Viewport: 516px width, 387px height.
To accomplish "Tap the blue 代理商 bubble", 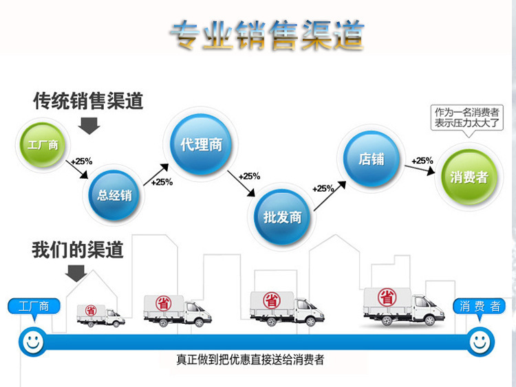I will pyautogui.click(x=201, y=145).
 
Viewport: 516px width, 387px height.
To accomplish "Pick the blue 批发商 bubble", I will pyautogui.click(x=282, y=217).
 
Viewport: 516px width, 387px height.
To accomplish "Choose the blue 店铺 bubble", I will pyautogui.click(x=372, y=159).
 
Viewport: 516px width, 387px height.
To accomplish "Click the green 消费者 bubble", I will pyautogui.click(x=469, y=177).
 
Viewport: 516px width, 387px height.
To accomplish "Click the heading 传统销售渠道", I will pyautogui.click(x=89, y=101).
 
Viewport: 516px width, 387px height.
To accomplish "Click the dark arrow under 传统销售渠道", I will pyautogui.click(x=89, y=125).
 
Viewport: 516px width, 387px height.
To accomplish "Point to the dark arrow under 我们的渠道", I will pyautogui.click(x=76, y=274).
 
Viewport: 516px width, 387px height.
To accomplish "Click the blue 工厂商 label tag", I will pyautogui.click(x=34, y=307).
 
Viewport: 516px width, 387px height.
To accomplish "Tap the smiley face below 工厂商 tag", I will pyautogui.click(x=31, y=339).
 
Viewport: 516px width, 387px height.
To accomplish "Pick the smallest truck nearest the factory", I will pyautogui.click(x=100, y=315).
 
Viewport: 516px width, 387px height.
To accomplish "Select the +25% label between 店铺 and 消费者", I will pyautogui.click(x=422, y=161).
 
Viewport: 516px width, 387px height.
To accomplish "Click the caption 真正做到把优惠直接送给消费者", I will pyautogui.click(x=255, y=360).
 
